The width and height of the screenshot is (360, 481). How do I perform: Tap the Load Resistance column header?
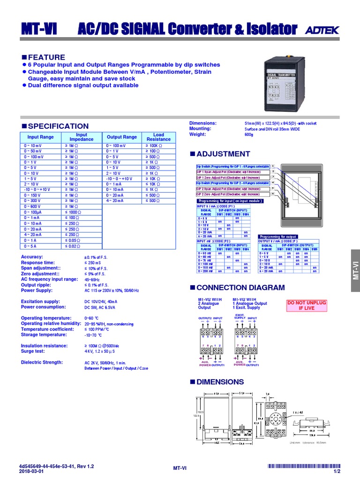[x=158, y=137]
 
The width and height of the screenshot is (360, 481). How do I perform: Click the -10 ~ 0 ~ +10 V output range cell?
[x=119, y=179]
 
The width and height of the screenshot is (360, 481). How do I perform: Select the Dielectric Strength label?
[x=42, y=362]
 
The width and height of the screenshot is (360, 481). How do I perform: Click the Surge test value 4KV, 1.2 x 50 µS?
[x=103, y=351]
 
